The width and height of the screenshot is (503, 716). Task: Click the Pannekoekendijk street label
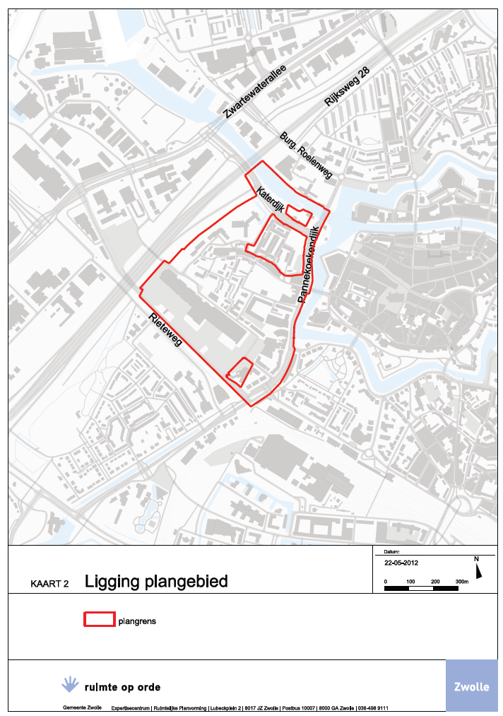308,264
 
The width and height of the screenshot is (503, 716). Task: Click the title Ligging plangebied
156,582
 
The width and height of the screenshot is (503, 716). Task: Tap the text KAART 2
49,585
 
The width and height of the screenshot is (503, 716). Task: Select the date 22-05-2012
401,563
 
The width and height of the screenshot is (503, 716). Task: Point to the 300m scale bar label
462,581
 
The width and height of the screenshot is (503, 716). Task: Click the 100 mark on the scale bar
410,581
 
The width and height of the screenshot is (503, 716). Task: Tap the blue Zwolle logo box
471,686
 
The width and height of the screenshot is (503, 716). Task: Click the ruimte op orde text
122,686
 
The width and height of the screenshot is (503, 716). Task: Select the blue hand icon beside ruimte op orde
69,683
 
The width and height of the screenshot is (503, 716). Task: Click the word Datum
392,552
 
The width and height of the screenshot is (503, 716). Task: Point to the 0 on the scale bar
386,581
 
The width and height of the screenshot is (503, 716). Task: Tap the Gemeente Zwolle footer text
82,708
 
